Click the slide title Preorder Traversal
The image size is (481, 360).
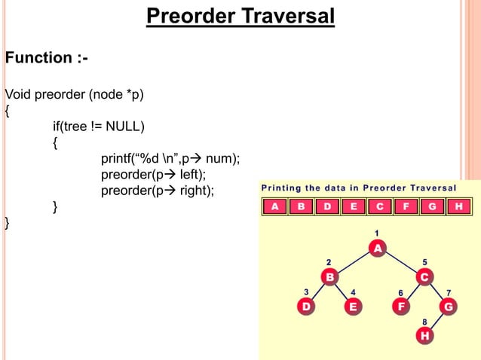[x=240, y=16]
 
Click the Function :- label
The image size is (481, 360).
[x=46, y=58]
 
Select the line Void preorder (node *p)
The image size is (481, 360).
[x=74, y=94]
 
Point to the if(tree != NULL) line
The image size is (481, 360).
[x=98, y=125]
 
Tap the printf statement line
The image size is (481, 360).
[x=170, y=158]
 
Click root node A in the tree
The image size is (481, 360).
[x=377, y=248]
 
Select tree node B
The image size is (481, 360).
[x=330, y=277]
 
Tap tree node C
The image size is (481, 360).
[x=424, y=277]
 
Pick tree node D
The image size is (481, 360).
[x=306, y=307]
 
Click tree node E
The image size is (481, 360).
[x=353, y=307]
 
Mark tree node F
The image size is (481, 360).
[x=401, y=307]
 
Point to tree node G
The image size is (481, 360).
[x=449, y=307]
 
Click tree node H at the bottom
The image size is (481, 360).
[x=425, y=336]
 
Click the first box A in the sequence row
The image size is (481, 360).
[x=274, y=206]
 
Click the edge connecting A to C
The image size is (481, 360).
[x=401, y=263]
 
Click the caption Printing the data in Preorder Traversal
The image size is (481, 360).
[x=359, y=188]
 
